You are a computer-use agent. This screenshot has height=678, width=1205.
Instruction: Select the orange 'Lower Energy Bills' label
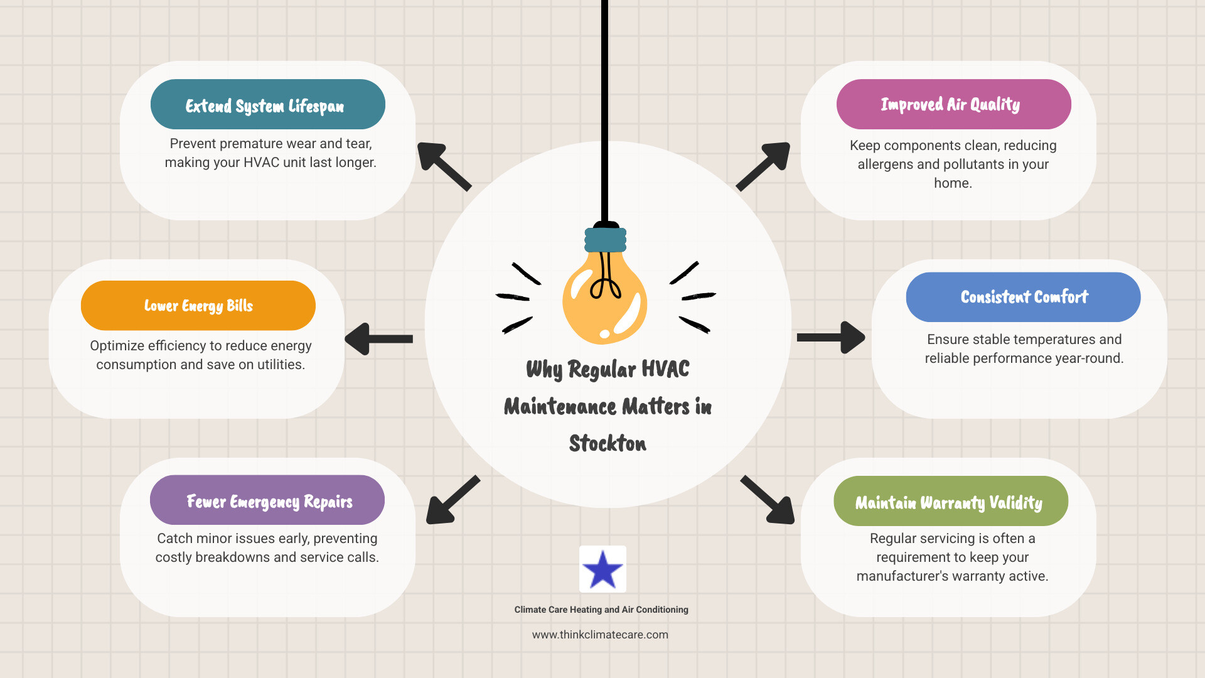pyautogui.click(x=198, y=306)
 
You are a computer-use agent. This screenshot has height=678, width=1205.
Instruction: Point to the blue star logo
pyautogui.click(x=602, y=569)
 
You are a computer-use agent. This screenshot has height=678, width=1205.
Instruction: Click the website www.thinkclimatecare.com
pyautogui.click(x=600, y=635)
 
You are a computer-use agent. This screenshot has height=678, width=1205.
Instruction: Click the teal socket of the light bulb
pyautogui.click(x=606, y=239)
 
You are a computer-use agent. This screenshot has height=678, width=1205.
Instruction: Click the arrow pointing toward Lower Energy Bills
pyautogui.click(x=379, y=339)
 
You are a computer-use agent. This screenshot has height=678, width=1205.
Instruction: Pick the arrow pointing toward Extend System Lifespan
pyautogui.click(x=444, y=166)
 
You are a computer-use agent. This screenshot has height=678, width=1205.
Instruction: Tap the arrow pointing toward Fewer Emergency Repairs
pyautogui.click(x=452, y=500)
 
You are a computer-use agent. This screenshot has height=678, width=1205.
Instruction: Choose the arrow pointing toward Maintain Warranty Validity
pyautogui.click(x=768, y=500)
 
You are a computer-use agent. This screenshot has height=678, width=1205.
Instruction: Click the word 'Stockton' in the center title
pyautogui.click(x=608, y=444)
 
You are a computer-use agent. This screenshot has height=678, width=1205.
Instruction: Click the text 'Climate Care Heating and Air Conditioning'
pyautogui.click(x=601, y=610)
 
